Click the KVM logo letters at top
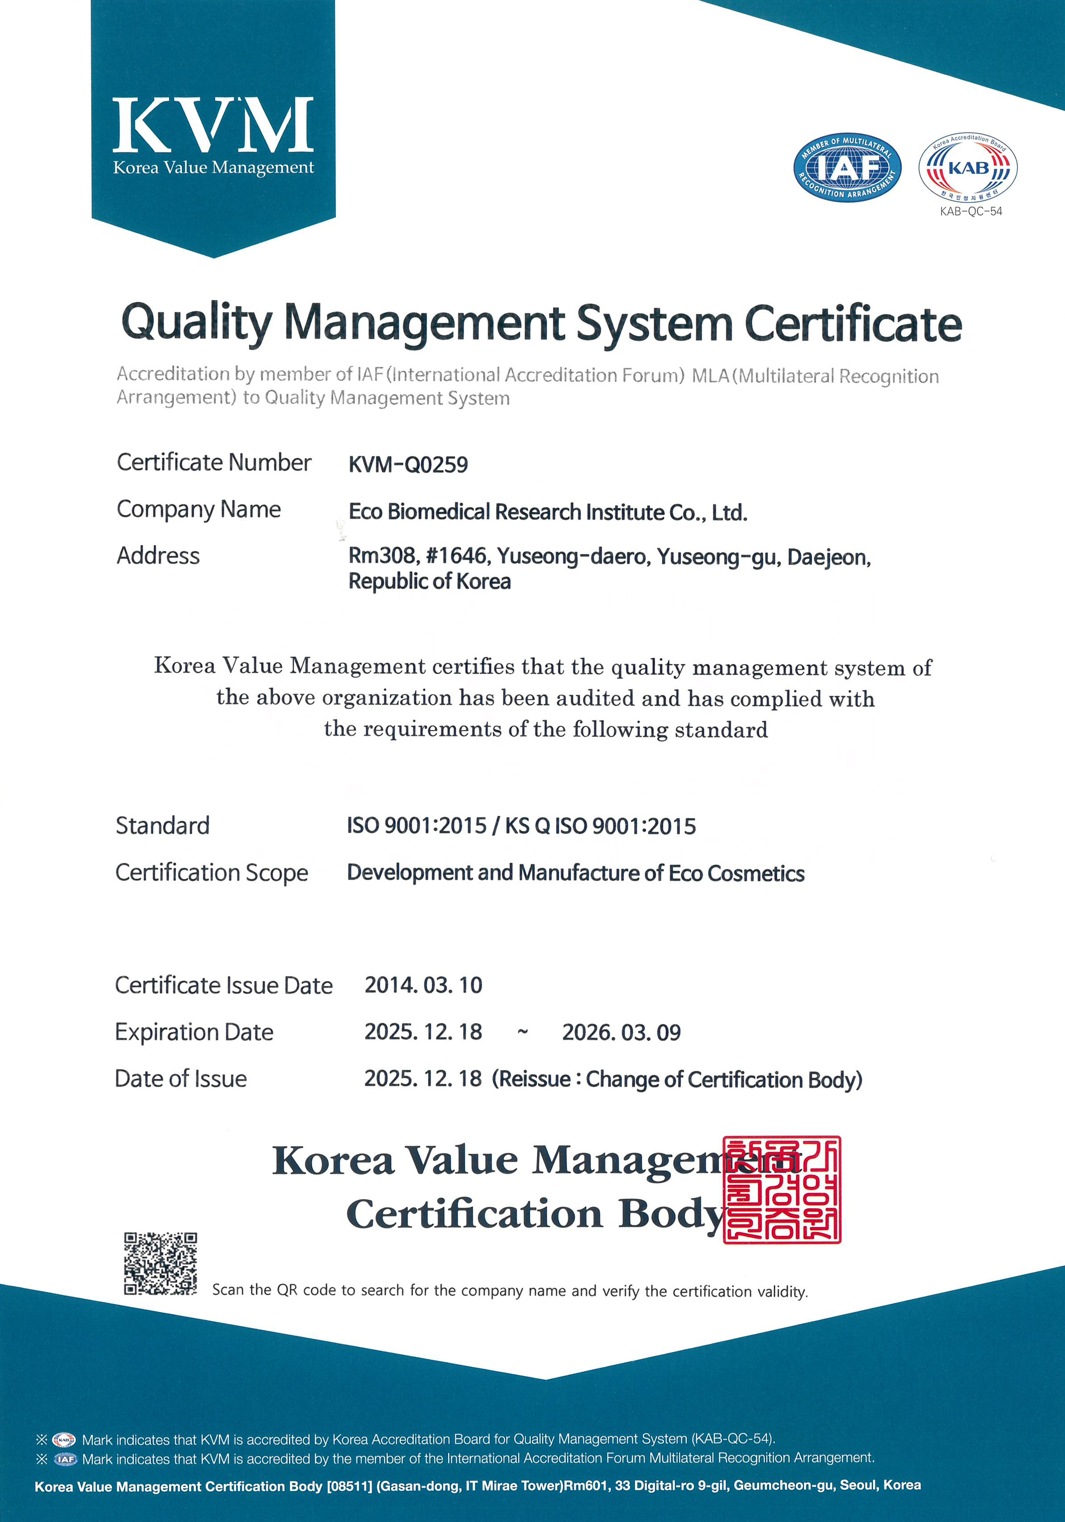tap(213, 125)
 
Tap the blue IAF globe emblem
tap(847, 167)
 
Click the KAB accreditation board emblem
tap(967, 167)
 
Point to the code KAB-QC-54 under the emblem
tap(971, 211)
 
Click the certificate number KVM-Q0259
tap(408, 465)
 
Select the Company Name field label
tap(199, 509)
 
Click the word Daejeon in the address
tap(828, 558)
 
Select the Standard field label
tap(162, 825)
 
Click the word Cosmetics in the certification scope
tap(756, 874)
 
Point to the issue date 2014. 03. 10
tap(423, 985)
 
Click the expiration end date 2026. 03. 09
tap(621, 1032)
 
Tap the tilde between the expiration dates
tap(523, 1032)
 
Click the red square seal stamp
tap(782, 1189)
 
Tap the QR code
tap(160, 1263)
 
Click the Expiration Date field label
tap(194, 1032)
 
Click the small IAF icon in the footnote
tap(65, 1459)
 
